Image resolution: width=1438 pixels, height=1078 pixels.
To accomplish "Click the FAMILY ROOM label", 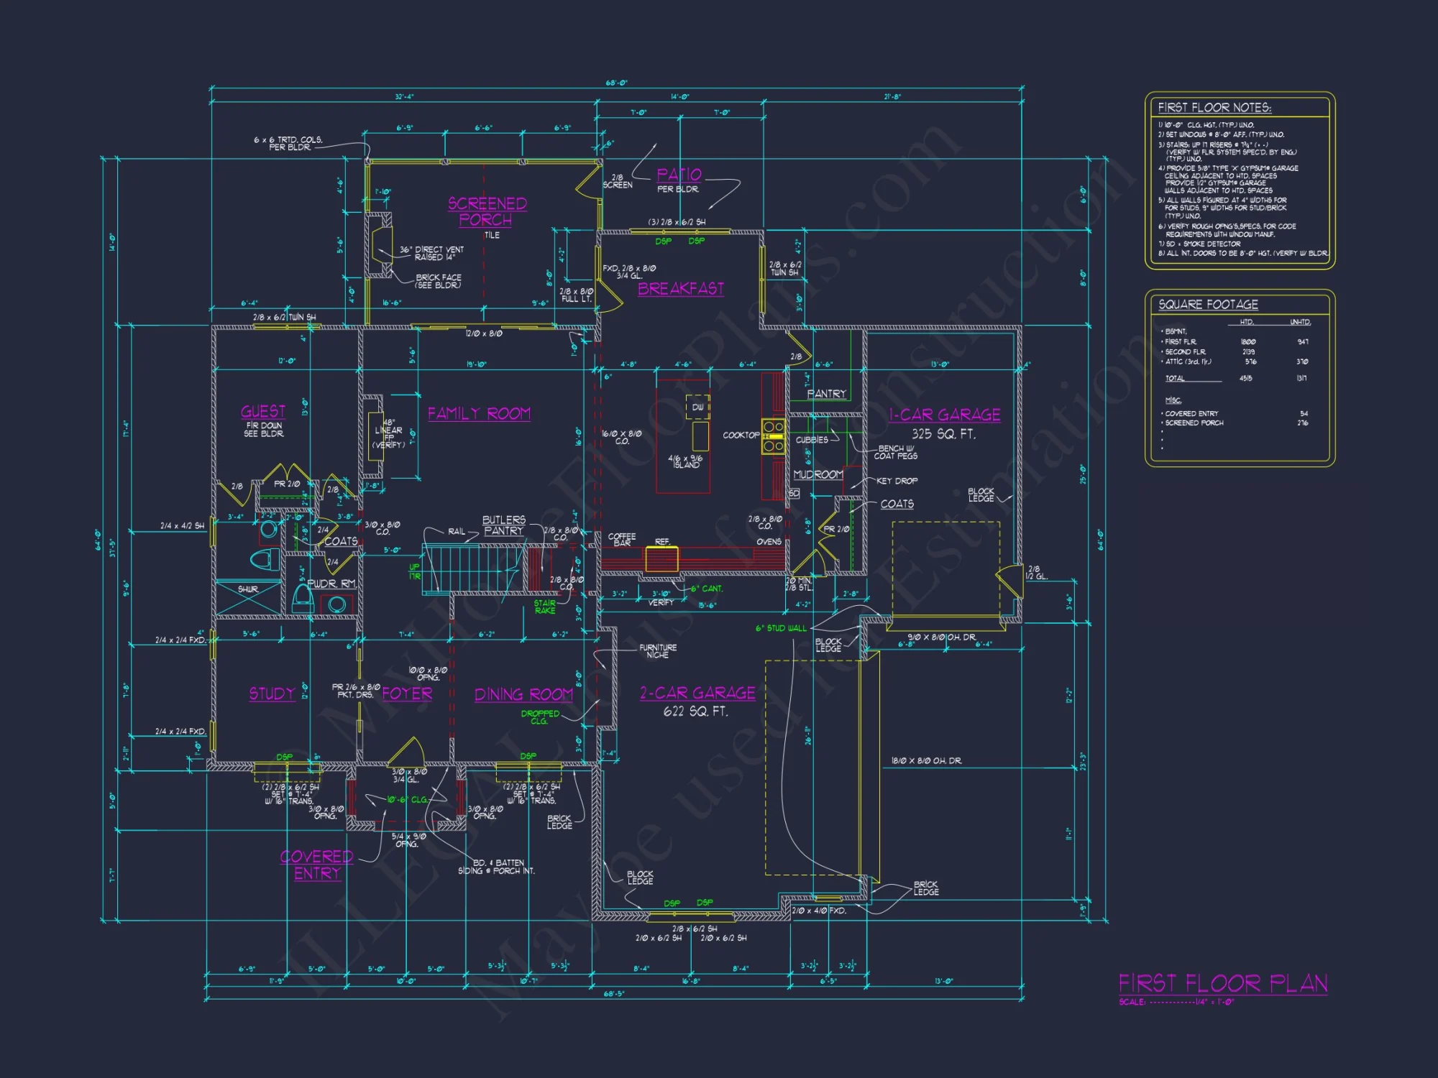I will (479, 413).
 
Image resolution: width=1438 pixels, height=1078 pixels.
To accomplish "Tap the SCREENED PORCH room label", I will (487, 211).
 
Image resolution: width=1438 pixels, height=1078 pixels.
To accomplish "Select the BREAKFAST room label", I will (680, 288).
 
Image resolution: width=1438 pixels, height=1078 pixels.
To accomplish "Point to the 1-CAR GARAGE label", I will (944, 415).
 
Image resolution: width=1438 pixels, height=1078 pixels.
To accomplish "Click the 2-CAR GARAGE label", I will (697, 693).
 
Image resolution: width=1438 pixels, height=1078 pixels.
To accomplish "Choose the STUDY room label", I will (272, 694).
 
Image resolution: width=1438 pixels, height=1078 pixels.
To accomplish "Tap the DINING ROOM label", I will (523, 694).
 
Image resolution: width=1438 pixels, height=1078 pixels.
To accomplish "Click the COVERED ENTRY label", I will (316, 865).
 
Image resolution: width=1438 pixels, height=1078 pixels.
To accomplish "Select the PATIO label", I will (679, 175).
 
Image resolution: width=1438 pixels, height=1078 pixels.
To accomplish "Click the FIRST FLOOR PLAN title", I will (1222, 983).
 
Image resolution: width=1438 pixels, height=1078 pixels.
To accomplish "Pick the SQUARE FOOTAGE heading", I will (1208, 305).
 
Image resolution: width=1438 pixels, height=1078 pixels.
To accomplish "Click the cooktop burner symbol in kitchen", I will (774, 436).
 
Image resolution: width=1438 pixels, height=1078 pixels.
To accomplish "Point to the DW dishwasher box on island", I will (697, 407).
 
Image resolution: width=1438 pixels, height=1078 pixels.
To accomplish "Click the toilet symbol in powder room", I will (303, 596).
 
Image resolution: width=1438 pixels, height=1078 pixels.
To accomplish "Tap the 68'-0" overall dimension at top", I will (616, 83).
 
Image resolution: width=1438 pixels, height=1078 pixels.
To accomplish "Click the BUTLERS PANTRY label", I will (503, 525).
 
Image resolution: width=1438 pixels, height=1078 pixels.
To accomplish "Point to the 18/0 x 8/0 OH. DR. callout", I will (926, 760).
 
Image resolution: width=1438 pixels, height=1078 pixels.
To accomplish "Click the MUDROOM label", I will (818, 474).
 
